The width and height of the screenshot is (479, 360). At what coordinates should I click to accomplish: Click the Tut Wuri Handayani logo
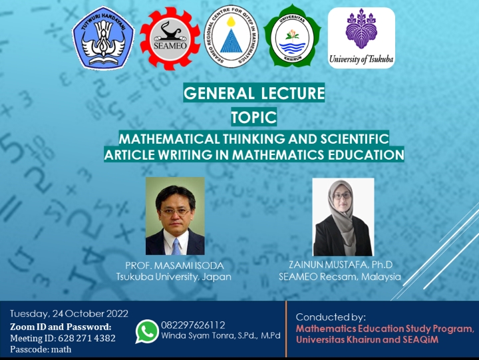click(103, 38)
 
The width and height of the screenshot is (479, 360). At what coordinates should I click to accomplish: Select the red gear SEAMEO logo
click(170, 38)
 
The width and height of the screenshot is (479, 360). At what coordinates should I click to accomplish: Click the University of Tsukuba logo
click(361, 38)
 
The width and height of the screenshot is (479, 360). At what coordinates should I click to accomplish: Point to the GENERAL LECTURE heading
click(254, 93)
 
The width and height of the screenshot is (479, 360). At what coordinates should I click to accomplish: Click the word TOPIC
click(253, 118)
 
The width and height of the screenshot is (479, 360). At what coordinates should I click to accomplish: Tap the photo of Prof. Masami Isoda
click(175, 216)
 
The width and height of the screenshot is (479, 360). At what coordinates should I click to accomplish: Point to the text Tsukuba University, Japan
click(174, 276)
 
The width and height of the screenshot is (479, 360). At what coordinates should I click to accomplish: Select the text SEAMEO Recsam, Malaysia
click(340, 276)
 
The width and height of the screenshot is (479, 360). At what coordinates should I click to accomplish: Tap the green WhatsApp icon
click(147, 331)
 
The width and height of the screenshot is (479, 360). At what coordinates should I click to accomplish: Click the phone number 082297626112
click(193, 325)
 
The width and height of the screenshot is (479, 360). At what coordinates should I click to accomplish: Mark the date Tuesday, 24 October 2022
click(69, 314)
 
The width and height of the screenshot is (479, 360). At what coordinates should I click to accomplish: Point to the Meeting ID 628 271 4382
click(63, 337)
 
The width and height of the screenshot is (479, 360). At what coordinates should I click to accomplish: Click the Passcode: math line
click(41, 349)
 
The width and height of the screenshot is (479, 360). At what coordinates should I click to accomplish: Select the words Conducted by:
click(331, 317)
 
